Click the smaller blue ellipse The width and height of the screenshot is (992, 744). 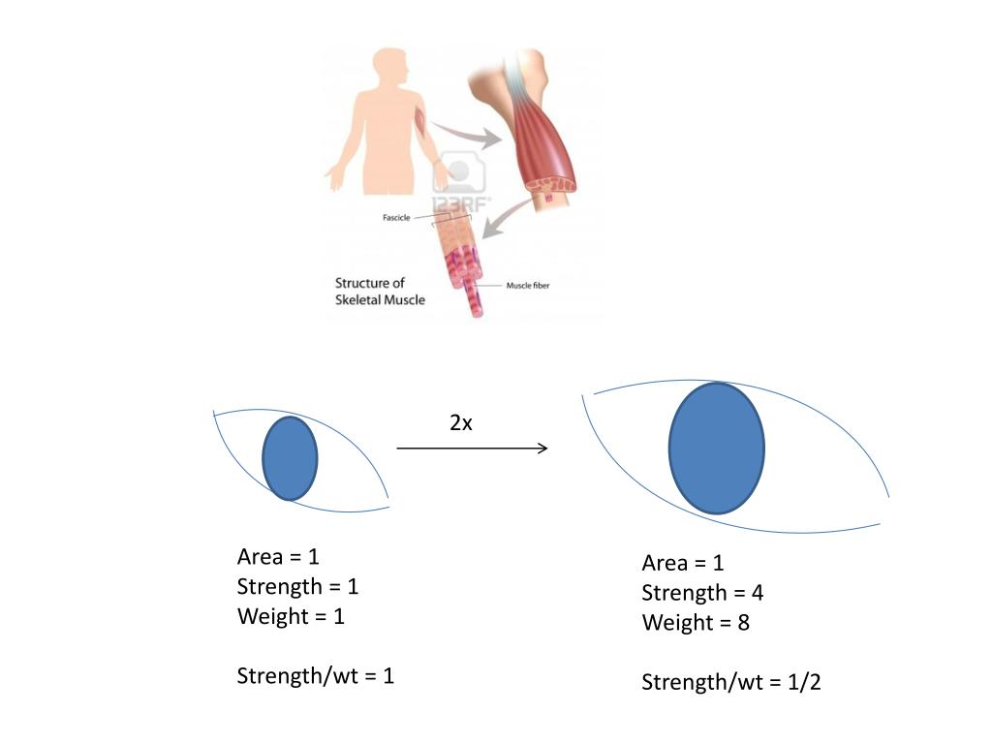pos(290,458)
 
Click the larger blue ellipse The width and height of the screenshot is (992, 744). pos(716,448)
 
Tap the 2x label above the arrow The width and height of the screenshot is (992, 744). pos(461,422)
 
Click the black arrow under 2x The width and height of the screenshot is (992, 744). pos(472,449)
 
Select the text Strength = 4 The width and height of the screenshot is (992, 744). pos(702,593)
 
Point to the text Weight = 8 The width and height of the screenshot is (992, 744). pos(696,623)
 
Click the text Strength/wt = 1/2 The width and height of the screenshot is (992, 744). pos(731,683)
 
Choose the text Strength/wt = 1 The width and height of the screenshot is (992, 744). pos(315,676)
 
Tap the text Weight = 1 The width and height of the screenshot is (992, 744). pos(291,616)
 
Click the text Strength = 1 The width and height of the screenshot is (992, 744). pos(297,586)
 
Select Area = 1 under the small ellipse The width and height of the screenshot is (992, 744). pos(278,557)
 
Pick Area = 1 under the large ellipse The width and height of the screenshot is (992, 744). pos(683,563)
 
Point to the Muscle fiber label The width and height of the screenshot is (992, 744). pos(528,286)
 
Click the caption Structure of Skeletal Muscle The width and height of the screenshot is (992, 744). pos(380,292)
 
